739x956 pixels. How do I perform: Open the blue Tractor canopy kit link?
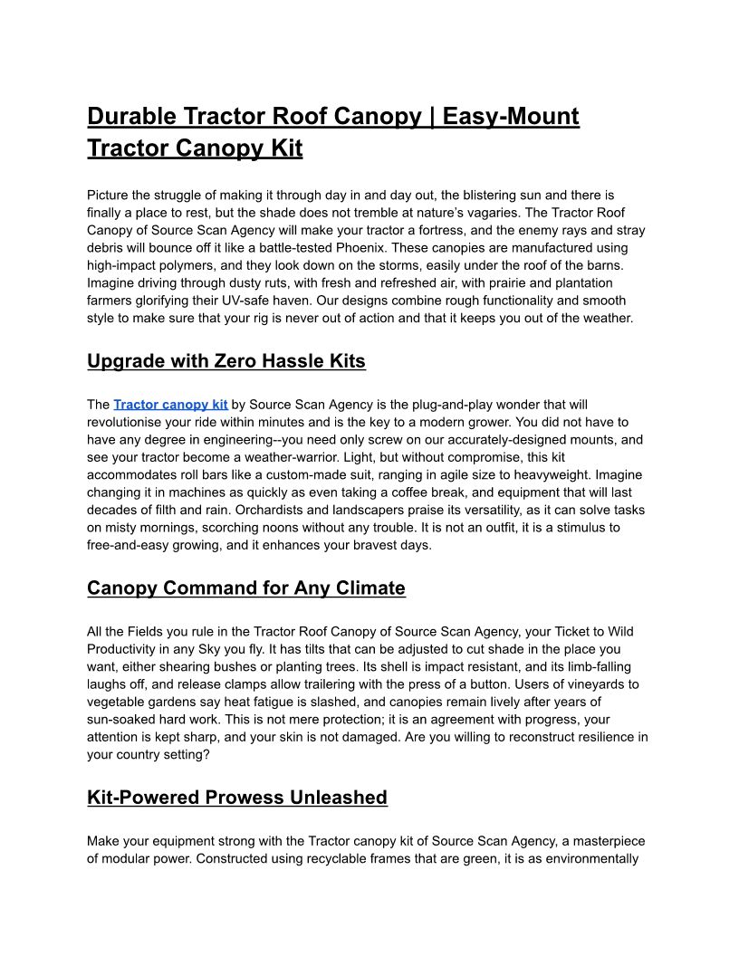[170, 405]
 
